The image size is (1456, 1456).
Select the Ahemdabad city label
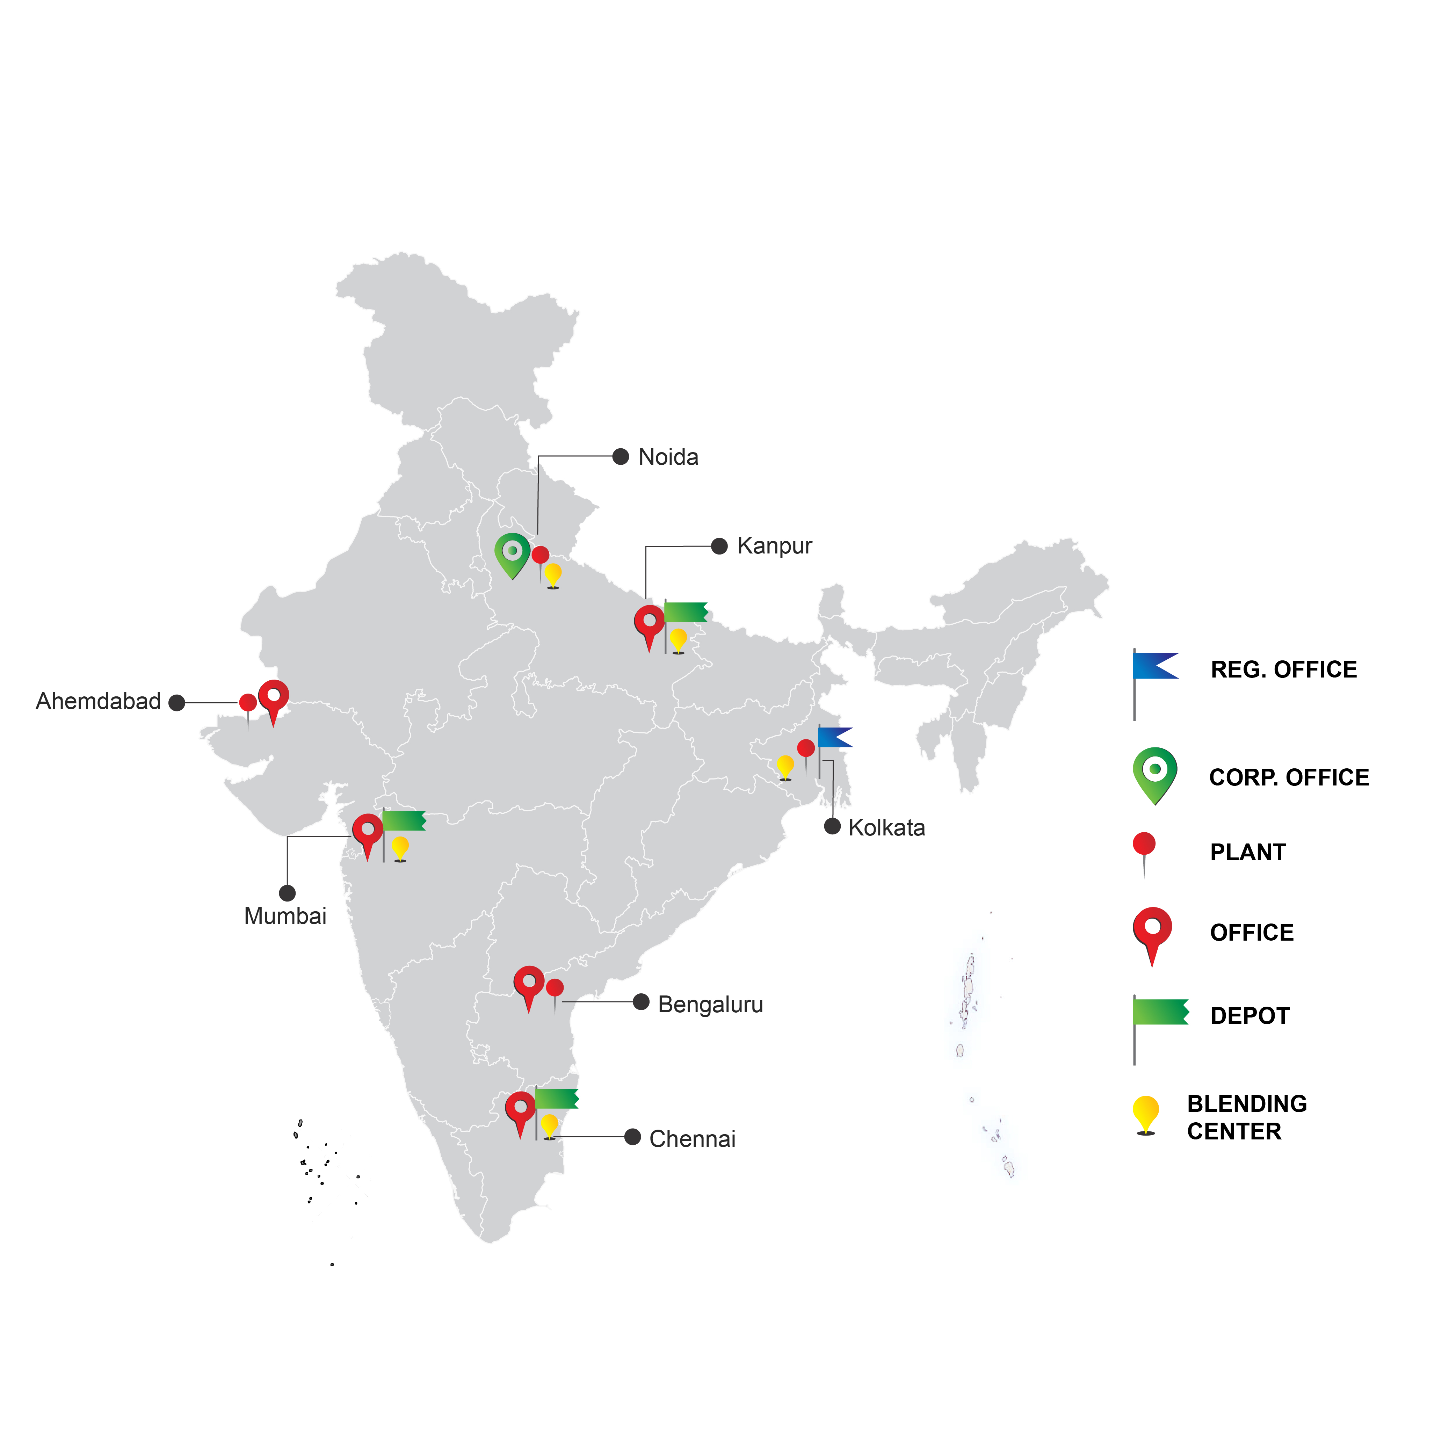(98, 702)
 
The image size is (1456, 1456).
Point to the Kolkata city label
(886, 827)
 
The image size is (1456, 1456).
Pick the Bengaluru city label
(710, 1005)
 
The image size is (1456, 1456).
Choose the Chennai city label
(692, 1139)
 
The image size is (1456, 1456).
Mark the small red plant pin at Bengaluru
(555, 988)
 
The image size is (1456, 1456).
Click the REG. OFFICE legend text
(1283, 669)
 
